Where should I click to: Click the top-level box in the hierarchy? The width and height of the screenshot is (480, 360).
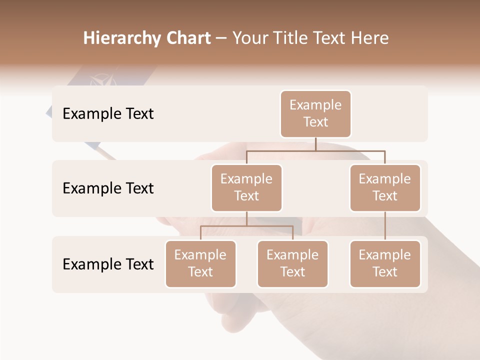pos(315,114)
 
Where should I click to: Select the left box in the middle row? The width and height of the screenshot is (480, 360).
pos(246,188)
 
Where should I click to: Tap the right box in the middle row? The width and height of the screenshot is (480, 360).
pos(385,188)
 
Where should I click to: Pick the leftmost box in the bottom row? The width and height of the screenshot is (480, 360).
pos(200,264)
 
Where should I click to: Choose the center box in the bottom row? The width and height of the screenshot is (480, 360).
pos(292,264)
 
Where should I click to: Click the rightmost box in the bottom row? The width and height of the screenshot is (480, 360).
pos(385,264)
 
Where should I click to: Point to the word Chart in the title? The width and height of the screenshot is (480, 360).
pos(188,38)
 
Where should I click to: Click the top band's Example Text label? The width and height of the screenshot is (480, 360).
pos(108,114)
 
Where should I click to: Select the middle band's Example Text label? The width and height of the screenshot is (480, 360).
pos(108,188)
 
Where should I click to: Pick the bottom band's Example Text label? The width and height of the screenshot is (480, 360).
pos(108,264)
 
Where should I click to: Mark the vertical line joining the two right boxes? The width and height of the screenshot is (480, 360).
pos(385,226)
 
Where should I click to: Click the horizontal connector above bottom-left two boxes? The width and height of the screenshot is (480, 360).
pos(246,226)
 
